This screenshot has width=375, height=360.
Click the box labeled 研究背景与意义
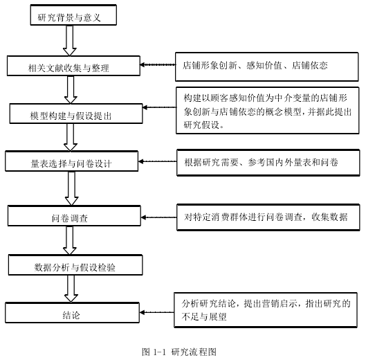pyautogui.click(x=73, y=15)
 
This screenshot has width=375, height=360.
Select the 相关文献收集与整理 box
pyautogui.click(x=73, y=66)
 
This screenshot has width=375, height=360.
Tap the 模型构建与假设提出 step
pyautogui.click(x=76, y=114)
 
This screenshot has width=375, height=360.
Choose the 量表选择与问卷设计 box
pyautogui.click(x=72, y=161)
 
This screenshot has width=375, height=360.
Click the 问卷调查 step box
pyautogui.click(x=74, y=216)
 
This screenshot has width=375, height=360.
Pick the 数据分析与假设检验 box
pyautogui.click(x=75, y=265)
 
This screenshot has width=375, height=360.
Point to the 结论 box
pyautogui.click(x=72, y=313)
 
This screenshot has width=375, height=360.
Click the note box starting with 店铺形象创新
pyautogui.click(x=267, y=66)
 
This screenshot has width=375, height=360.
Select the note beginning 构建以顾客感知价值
pyautogui.click(x=268, y=110)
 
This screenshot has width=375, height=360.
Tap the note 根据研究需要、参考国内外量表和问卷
pyautogui.click(x=268, y=163)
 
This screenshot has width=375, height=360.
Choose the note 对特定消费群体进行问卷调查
pyautogui.click(x=268, y=217)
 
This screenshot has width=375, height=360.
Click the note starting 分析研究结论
pyautogui.click(x=266, y=310)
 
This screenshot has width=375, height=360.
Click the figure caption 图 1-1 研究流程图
pyautogui.click(x=179, y=352)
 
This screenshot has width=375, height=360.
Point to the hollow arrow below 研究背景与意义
pyautogui.click(x=70, y=41)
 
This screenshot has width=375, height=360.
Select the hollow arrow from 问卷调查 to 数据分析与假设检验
pyautogui.click(x=70, y=240)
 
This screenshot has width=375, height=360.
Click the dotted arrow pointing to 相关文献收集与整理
pyautogui.click(x=158, y=64)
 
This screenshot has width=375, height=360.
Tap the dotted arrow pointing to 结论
pyautogui.click(x=156, y=312)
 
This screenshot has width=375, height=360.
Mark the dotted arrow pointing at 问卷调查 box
pyautogui.click(x=159, y=217)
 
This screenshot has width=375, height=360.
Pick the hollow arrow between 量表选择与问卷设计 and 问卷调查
pyautogui.click(x=72, y=188)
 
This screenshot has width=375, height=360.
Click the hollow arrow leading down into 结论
pyautogui.click(x=71, y=289)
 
